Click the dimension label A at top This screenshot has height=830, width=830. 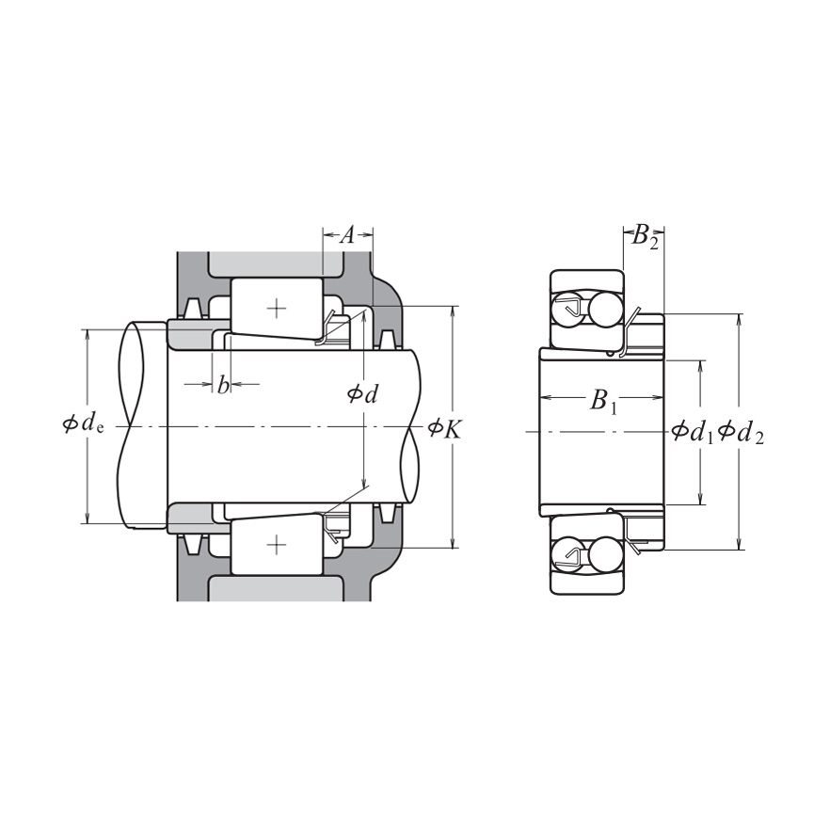coord(346,236)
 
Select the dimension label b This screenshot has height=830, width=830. coord(223,384)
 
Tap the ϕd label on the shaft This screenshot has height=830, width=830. coord(362,393)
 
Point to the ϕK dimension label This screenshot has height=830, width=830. coord(444,429)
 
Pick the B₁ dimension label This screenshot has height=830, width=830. coord(602,402)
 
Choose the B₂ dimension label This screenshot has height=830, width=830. coord(645,235)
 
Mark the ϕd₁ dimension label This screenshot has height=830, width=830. coord(692,432)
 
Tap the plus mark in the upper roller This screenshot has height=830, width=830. coord(276,308)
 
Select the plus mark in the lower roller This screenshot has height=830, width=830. coord(276,545)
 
